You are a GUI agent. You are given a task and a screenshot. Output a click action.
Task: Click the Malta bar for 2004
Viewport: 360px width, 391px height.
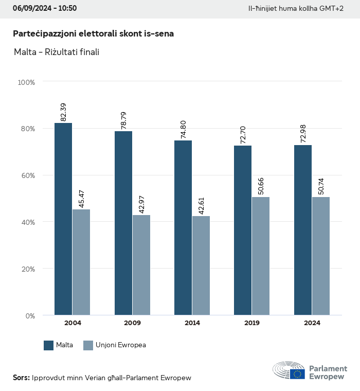point(63,219)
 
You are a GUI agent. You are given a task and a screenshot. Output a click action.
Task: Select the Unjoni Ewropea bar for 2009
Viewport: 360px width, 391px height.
point(141,265)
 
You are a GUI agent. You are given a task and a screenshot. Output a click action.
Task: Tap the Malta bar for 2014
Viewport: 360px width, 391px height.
point(183,227)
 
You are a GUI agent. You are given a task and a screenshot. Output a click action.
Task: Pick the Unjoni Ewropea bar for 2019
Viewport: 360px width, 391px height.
point(261,256)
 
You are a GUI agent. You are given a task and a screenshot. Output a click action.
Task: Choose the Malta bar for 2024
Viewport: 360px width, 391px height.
point(303,230)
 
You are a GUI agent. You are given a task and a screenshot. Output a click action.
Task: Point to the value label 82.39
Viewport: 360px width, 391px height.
point(63,112)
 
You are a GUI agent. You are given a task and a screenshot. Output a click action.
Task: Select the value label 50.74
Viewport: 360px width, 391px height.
point(321,186)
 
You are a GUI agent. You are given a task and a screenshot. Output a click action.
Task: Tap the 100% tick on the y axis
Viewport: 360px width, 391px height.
point(26,82)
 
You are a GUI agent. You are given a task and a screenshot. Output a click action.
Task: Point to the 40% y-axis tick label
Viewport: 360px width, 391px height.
point(28,222)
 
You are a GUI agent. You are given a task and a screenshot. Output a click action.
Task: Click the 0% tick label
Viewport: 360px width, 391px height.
point(30,315)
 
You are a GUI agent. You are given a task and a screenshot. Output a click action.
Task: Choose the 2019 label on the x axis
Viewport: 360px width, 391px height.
point(252,323)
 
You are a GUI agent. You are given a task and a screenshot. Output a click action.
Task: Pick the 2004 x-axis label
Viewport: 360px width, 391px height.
point(73,323)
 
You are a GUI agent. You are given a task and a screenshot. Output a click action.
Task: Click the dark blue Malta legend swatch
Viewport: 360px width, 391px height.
point(49,345)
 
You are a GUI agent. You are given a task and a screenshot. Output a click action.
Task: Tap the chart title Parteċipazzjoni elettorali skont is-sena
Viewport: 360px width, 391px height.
point(93,34)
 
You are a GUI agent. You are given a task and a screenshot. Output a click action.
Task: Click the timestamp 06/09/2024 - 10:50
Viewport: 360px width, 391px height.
point(45,8)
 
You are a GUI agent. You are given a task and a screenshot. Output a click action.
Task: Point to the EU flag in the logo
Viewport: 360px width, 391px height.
point(297,374)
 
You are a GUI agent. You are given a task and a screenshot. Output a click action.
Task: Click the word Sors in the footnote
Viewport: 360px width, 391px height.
point(21,378)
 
